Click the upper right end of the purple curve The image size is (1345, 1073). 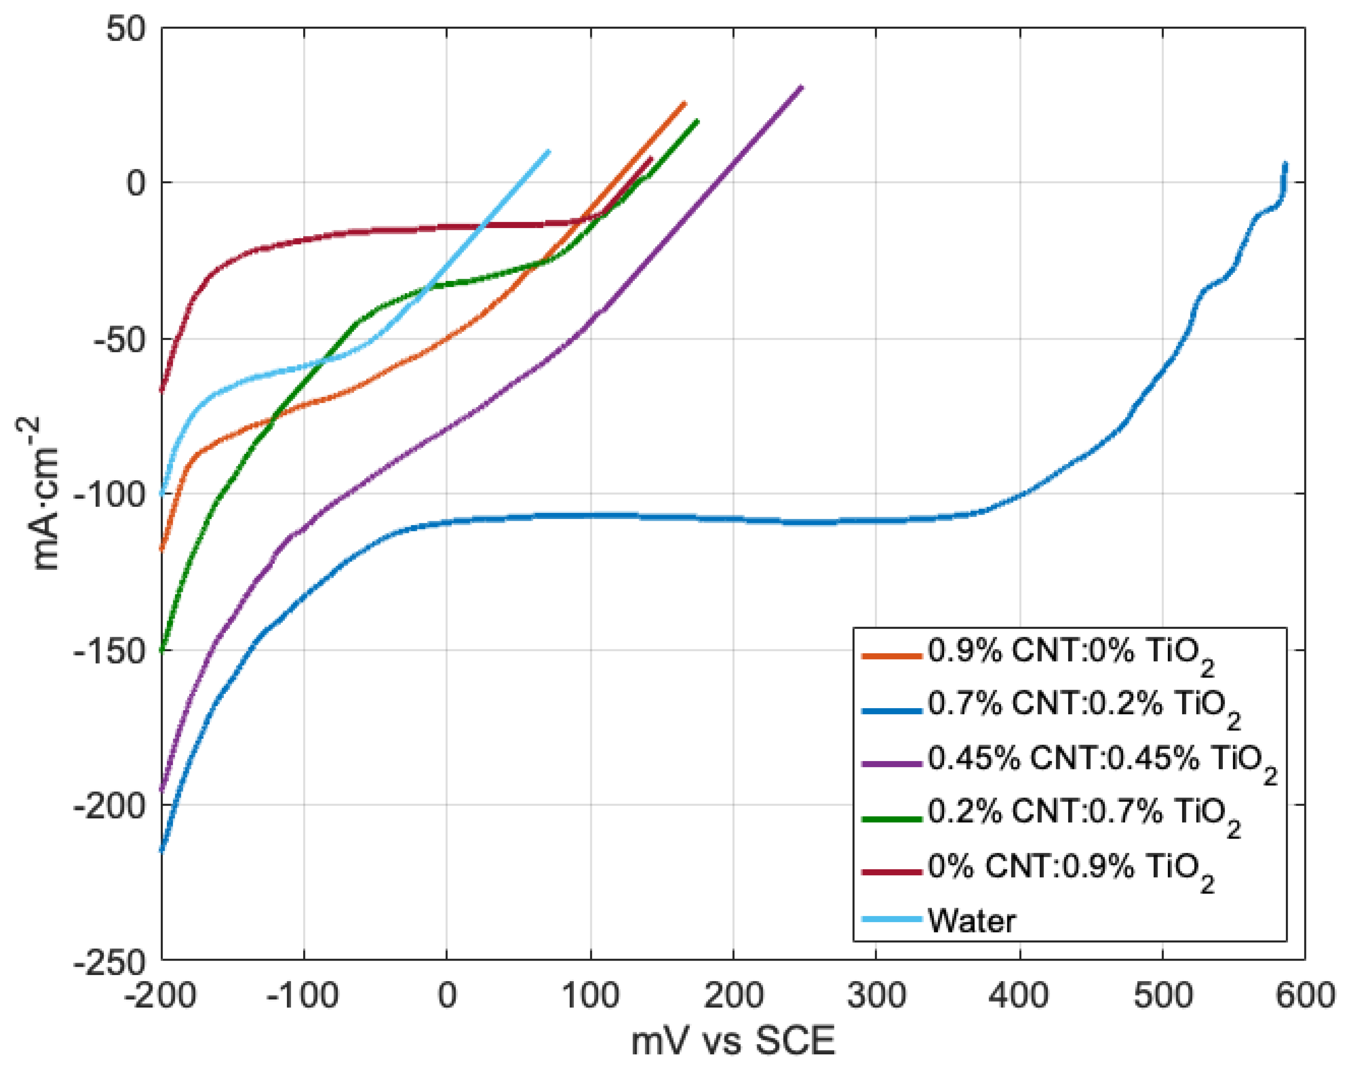pyautogui.click(x=802, y=87)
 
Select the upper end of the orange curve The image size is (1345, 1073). pyautogui.click(x=684, y=103)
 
